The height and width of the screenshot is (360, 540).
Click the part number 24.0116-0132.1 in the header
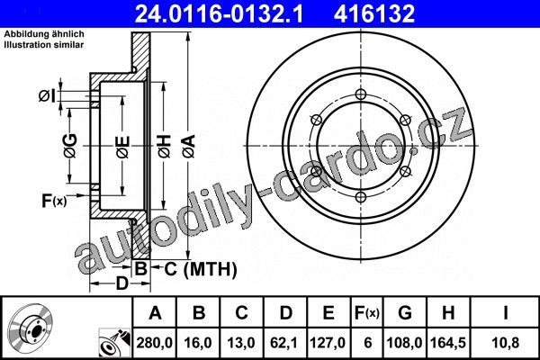pos(219,13)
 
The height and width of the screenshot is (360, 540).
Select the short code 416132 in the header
pos(374,13)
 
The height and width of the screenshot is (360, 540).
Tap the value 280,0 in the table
pos(154,343)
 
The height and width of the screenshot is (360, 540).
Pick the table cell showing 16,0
pos(198,343)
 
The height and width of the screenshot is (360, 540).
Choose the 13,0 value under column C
pos(241,343)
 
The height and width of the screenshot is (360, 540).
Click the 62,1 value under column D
pos(284,343)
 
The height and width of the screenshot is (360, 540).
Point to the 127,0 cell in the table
pos(328,343)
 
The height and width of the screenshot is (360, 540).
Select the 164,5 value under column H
pos(448,343)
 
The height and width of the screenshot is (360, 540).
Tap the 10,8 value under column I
pos(505,343)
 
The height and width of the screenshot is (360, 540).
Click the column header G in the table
pos(405,313)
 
